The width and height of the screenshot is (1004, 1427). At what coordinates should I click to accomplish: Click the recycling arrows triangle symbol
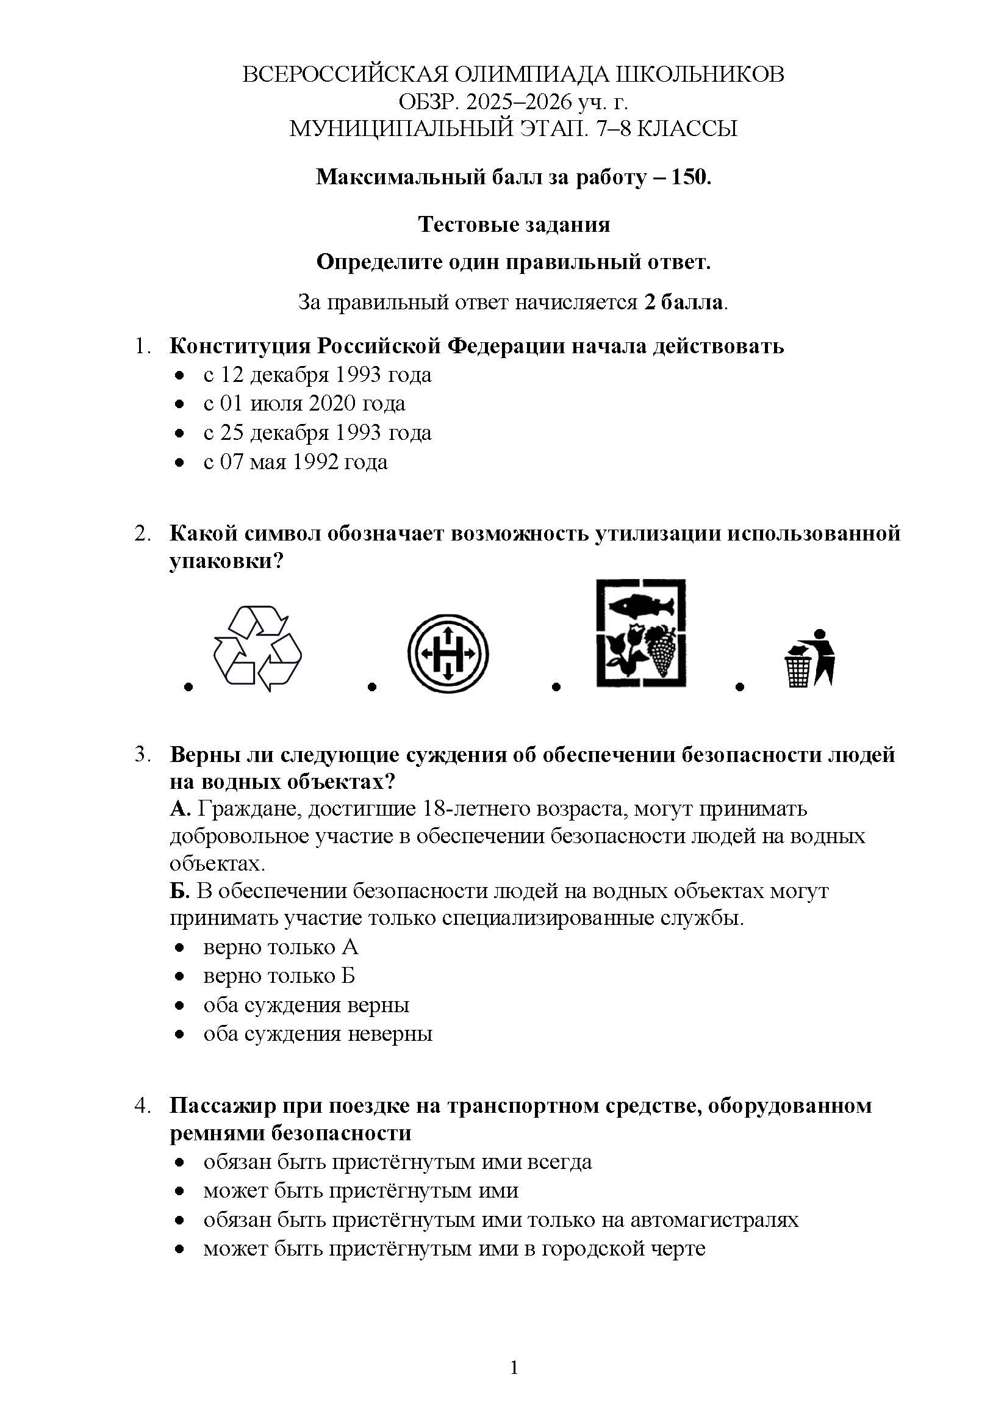(257, 649)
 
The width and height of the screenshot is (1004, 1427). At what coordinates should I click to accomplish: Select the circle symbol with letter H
(448, 653)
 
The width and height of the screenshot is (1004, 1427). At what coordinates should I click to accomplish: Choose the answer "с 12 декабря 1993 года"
(317, 375)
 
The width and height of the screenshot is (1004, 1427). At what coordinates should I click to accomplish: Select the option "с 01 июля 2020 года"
(304, 403)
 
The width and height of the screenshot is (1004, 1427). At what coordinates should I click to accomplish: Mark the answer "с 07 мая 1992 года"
(295, 462)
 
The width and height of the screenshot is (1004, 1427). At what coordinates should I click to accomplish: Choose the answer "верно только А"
(280, 947)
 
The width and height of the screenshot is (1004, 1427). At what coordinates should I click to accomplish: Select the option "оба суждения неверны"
(317, 1034)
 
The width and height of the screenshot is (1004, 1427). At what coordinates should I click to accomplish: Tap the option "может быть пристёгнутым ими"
(360, 1191)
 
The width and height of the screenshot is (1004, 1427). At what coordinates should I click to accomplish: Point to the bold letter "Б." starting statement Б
(180, 891)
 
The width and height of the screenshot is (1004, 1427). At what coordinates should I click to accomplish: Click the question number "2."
(143, 534)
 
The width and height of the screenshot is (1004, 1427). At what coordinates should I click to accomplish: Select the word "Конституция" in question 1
(239, 345)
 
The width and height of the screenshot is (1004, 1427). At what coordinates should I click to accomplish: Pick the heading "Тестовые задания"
(514, 224)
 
